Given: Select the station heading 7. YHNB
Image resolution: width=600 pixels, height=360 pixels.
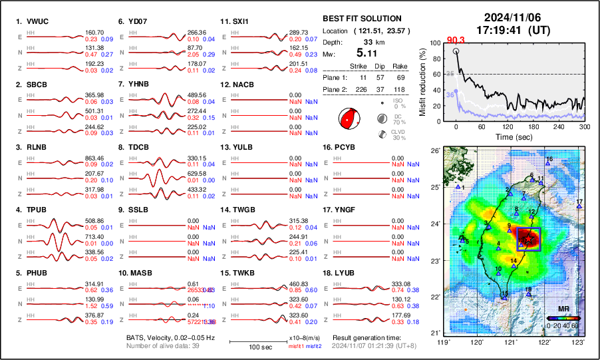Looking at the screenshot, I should tap(134, 85).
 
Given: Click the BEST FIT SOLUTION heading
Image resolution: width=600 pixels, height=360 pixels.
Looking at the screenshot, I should tap(362, 19).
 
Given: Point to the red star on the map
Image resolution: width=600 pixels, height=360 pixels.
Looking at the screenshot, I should tap(528, 238).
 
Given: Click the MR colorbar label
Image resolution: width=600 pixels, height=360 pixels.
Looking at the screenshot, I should tap(563, 309).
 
